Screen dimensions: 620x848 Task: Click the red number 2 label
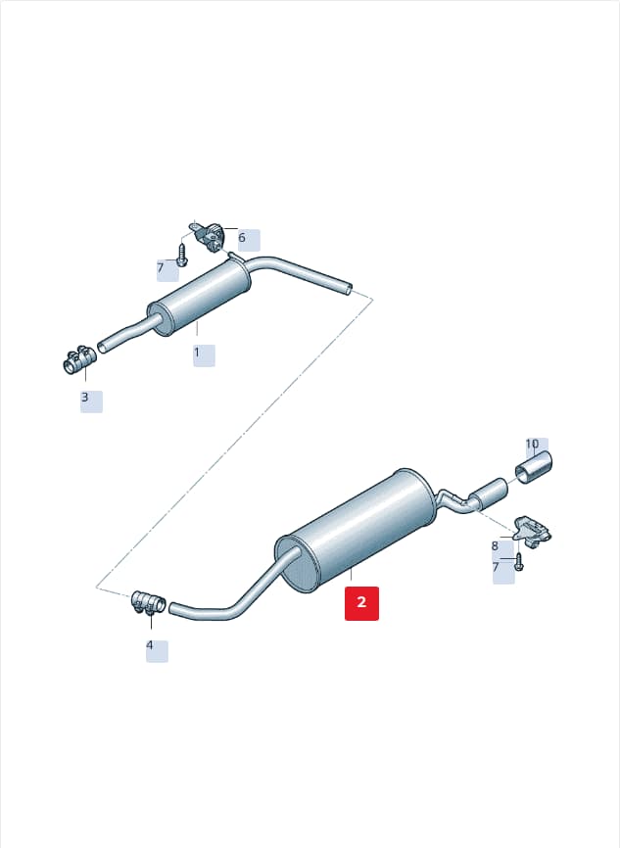[x=362, y=602]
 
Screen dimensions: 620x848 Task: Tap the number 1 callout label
[x=197, y=353]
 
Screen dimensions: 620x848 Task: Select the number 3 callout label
[x=85, y=397]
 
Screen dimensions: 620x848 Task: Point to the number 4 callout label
[x=150, y=645]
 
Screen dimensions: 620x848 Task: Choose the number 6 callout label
[x=242, y=237]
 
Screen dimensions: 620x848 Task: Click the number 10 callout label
[x=533, y=444]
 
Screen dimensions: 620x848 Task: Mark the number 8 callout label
[x=495, y=546]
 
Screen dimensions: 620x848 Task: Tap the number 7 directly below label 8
[x=496, y=567]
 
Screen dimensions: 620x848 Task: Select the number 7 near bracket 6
[x=160, y=267]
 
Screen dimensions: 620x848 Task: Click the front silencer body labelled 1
[x=200, y=299]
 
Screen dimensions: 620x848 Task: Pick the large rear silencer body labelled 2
[x=356, y=530]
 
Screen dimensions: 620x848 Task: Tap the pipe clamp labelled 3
[x=79, y=359]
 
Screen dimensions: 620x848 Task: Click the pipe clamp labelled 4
[x=149, y=603]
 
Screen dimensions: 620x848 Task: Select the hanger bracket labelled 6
[x=209, y=235]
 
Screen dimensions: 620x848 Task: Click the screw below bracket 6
[x=182, y=255]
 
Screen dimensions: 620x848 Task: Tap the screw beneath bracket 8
[x=519, y=562]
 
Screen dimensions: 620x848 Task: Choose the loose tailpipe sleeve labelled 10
[x=533, y=467]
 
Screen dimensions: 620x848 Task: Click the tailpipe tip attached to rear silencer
[x=489, y=494]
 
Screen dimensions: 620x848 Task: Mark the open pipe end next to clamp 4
[x=173, y=608]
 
